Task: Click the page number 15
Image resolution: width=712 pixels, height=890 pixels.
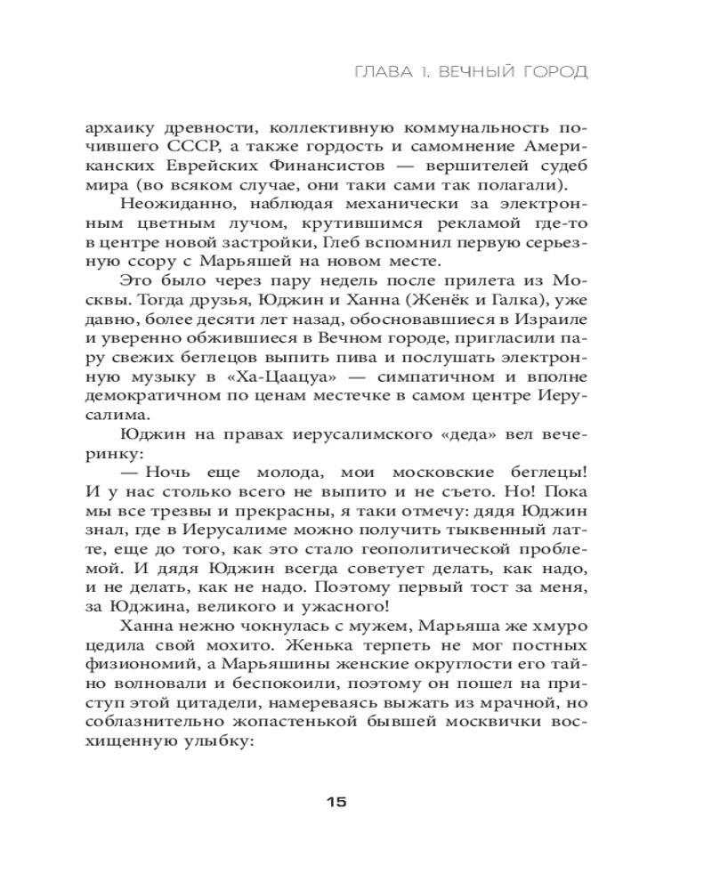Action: click(336, 802)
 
